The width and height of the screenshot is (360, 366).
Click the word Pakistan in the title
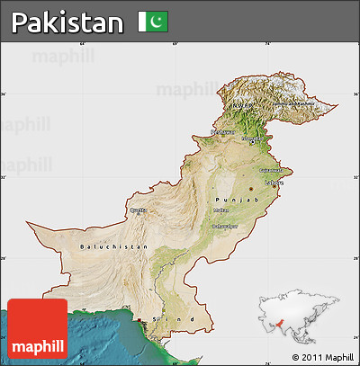pyautogui.click(x=67, y=22)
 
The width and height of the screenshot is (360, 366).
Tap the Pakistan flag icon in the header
pyautogui.click(x=153, y=21)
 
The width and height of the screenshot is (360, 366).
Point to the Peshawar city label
pyautogui.click(x=222, y=132)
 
